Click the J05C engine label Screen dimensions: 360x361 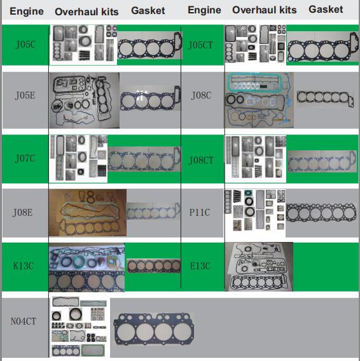click(x=25, y=45)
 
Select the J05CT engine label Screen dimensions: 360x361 click(x=200, y=45)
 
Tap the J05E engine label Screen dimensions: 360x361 click(x=25, y=96)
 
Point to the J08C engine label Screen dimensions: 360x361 click(x=201, y=96)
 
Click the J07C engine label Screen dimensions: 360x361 click(x=25, y=159)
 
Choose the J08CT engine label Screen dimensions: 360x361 click(x=201, y=160)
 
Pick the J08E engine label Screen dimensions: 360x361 click(x=22, y=213)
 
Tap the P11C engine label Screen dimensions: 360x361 click(x=200, y=212)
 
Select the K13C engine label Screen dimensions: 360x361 click(x=24, y=266)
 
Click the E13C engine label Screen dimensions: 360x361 click(x=200, y=266)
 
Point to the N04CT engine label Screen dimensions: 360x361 click(x=24, y=321)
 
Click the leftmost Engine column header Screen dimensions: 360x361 click(x=27, y=11)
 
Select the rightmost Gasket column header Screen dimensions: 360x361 click(x=326, y=10)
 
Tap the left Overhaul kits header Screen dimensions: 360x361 click(x=87, y=11)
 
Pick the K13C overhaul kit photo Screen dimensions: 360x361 click(x=87, y=267)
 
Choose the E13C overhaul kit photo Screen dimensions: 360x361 click(x=259, y=267)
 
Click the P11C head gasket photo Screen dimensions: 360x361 click(x=322, y=213)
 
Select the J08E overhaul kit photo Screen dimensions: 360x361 click(x=88, y=213)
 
